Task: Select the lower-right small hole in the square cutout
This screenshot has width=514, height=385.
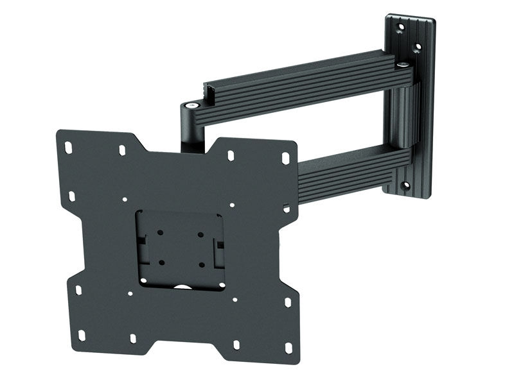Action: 201,263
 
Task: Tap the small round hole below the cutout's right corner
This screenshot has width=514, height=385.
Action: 234,300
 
